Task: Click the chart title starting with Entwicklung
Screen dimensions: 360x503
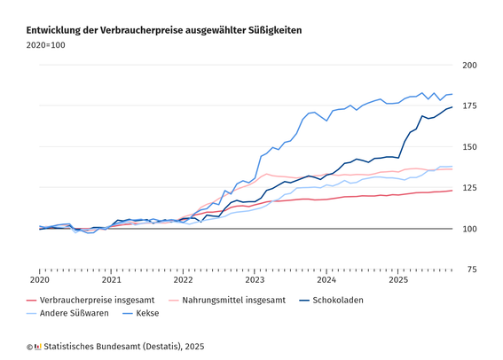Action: coord(163,30)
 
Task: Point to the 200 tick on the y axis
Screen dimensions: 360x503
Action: coord(469,66)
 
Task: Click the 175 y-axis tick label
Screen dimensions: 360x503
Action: coord(469,106)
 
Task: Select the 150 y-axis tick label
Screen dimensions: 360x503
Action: coord(469,147)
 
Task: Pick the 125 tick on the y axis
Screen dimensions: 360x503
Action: coord(469,188)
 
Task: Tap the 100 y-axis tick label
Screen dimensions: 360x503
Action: coord(469,229)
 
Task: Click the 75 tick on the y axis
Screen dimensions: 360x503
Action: coord(472,270)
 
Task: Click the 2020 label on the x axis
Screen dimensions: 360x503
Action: coord(39,279)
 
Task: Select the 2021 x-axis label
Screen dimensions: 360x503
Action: coord(111,279)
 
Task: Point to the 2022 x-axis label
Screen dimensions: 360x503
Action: coord(183,279)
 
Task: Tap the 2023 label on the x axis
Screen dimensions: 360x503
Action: coord(255,279)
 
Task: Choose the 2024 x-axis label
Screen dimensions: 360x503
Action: coord(326,279)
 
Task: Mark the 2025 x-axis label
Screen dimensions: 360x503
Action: coord(398,279)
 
